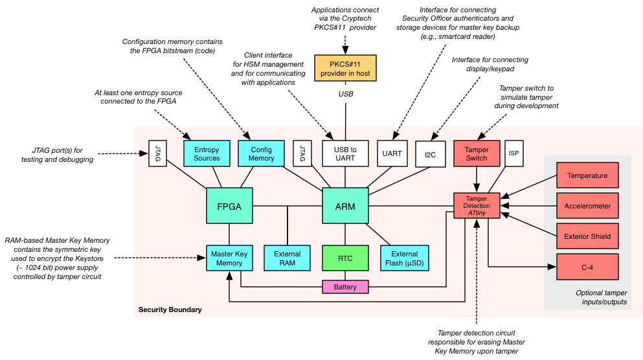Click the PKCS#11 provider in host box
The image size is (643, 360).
point(345,68)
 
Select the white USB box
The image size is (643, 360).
point(346,94)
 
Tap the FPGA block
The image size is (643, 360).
point(229,207)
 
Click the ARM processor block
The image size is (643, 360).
point(345,207)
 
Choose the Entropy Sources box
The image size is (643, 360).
point(207,153)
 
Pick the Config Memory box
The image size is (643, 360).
point(261,153)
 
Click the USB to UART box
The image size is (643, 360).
point(345,153)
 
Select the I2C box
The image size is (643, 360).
point(431,154)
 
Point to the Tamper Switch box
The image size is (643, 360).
point(477,153)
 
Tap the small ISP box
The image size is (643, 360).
point(513,153)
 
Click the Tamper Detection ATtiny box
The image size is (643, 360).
point(477,206)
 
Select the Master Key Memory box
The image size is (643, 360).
point(229,258)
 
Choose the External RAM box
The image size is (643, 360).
point(287,258)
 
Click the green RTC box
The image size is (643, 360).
point(345,258)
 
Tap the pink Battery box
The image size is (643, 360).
point(345,287)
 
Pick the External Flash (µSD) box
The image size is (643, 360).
point(404,258)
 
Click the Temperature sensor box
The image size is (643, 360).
point(587,175)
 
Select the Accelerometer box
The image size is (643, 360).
point(587,206)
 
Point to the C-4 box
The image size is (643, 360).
point(587,267)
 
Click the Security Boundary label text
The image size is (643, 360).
point(170,310)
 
